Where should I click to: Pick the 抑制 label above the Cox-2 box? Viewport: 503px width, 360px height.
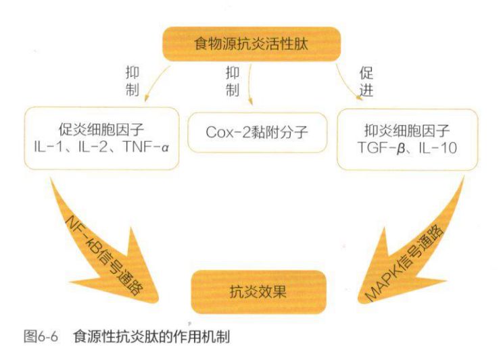(232, 80)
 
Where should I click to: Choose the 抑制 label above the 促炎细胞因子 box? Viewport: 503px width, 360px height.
(132, 80)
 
